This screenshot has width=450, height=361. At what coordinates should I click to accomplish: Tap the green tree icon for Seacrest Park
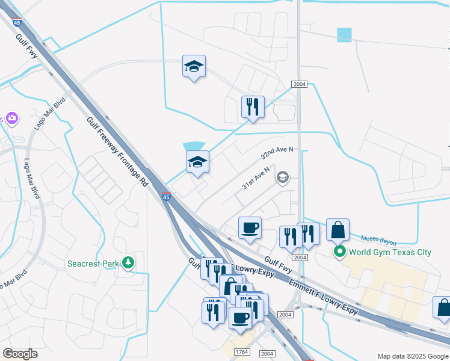[x=128, y=262]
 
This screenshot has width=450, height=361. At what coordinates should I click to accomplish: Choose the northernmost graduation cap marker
[x=194, y=67]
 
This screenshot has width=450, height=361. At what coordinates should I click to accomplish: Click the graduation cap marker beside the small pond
[x=197, y=162]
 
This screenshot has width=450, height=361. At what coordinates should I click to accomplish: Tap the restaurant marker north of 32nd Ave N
[x=253, y=108]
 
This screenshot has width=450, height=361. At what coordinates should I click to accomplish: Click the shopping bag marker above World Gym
[x=337, y=230]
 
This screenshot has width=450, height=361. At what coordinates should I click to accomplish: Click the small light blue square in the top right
[x=344, y=35]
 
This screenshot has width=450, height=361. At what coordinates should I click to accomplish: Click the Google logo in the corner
[x=20, y=354]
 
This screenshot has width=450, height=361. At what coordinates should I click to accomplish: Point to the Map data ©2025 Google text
[x=412, y=356]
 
